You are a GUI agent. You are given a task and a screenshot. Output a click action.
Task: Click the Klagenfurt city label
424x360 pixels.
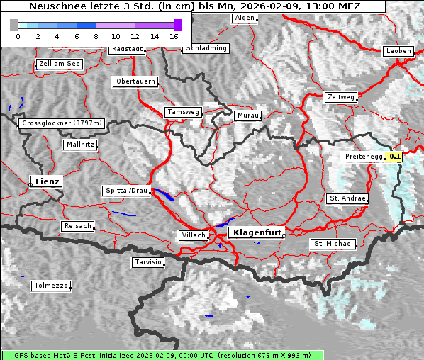tap(258, 232)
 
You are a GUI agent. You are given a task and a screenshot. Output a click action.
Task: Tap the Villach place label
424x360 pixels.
tap(193, 235)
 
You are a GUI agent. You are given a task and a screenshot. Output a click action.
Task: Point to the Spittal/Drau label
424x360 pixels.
tap(127, 191)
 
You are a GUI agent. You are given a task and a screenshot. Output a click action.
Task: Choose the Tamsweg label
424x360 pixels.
tap(183, 112)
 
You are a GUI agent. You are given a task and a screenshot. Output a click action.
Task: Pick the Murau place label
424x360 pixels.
tap(248, 115)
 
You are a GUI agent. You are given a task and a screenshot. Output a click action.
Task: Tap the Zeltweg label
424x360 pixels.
tap(341, 96)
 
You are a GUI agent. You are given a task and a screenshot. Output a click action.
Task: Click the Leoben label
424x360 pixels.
tap(398, 51)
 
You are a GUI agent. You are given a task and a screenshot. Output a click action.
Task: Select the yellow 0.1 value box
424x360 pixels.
tap(395, 157)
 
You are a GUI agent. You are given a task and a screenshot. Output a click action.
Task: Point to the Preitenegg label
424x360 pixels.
tap(363, 157)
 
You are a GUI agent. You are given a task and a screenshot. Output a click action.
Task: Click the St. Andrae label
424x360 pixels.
tap(347, 198)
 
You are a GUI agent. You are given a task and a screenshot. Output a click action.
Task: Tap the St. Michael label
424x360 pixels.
tap(333, 244)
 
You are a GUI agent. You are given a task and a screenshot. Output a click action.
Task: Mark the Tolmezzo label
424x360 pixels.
tap(51, 286)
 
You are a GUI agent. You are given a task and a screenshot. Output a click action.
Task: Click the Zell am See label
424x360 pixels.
tap(60, 64)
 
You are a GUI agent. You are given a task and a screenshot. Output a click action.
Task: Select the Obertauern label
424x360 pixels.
tap(135, 81)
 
